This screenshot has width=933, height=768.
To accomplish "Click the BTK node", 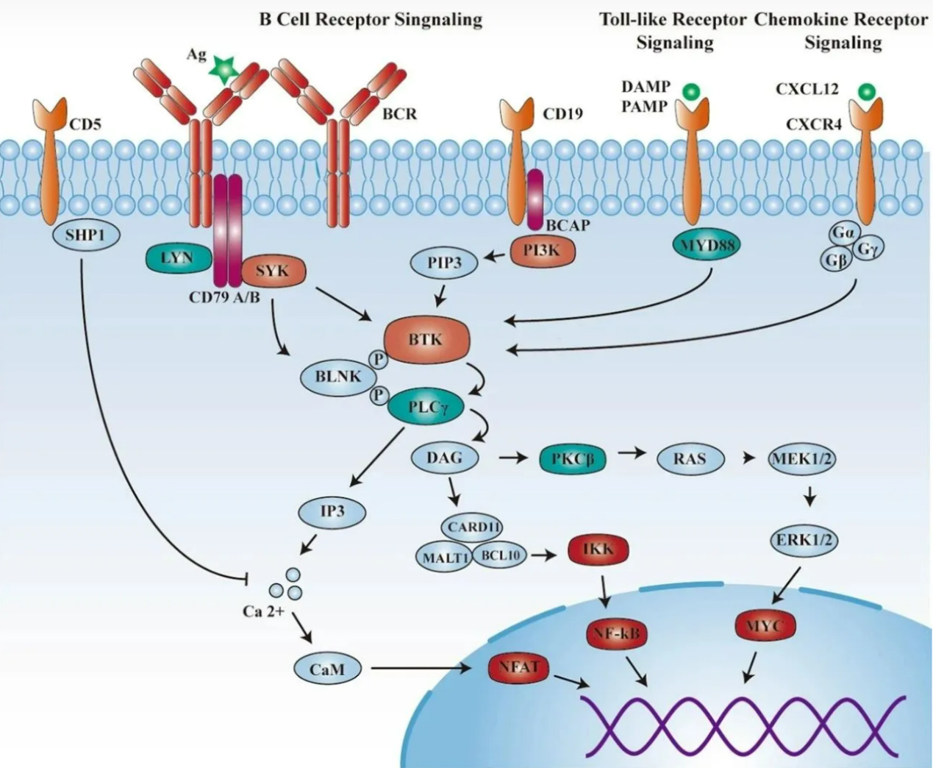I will click(426, 339).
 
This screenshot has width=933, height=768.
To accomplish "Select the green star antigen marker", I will click(220, 68).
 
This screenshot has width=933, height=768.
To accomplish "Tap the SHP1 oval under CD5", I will click(86, 235).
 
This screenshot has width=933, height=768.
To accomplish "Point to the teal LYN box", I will click(177, 258).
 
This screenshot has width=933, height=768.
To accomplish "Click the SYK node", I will click(272, 271).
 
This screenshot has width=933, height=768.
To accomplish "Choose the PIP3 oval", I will click(444, 263).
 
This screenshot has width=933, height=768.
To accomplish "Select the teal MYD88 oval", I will click(707, 245).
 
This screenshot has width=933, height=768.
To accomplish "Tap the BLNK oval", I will click(338, 377).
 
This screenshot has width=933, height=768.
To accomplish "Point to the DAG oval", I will click(445, 458).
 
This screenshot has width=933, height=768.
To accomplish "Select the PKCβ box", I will click(572, 459).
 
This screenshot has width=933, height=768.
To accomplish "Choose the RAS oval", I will click(689, 459).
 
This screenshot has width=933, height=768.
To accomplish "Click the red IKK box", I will click(598, 549).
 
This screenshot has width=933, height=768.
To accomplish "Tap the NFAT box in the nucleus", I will click(519, 668).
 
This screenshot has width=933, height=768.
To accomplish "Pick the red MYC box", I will click(765, 626).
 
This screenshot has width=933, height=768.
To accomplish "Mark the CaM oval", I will click(327, 669).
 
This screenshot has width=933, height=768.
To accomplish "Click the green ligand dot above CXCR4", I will click(867, 92).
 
